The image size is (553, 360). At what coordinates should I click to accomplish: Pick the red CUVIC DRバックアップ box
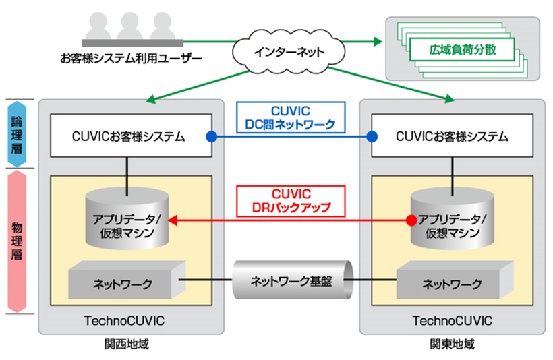point(291,200)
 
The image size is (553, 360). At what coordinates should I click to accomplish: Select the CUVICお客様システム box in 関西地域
point(128,136)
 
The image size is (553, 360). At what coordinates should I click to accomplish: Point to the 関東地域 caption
point(452,344)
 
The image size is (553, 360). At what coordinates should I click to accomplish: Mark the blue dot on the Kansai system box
point(211,136)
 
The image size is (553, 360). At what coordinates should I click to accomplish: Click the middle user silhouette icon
point(129,28)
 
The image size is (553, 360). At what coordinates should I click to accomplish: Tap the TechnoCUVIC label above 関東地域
point(452,320)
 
